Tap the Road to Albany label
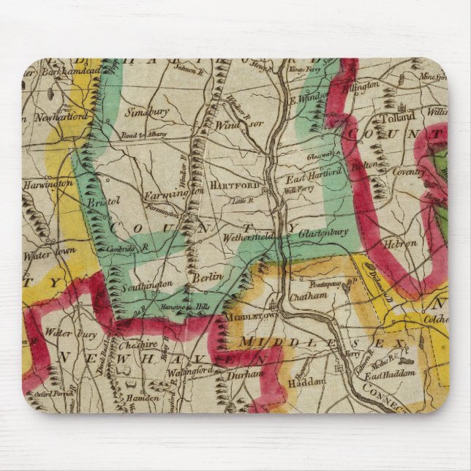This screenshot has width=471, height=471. [145, 135]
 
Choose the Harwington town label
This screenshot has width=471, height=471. [48, 183]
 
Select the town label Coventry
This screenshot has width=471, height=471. [408, 171]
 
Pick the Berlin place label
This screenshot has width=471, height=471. [202, 279]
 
